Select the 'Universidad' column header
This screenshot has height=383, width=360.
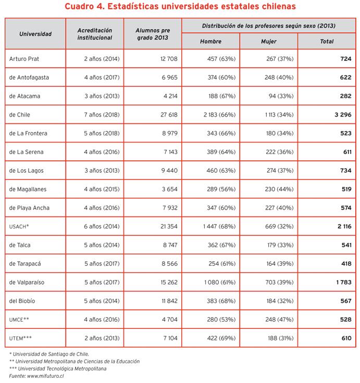tap(35, 34)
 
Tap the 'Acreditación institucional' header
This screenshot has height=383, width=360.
tap(94, 34)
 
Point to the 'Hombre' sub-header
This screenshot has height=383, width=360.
tap(210, 41)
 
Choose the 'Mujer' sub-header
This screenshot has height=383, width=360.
tap(268, 41)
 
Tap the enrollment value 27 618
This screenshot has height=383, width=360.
tap(167, 115)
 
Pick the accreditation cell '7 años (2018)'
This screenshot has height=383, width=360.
tap(102, 115)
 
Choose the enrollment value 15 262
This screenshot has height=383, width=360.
tap(167, 282)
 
